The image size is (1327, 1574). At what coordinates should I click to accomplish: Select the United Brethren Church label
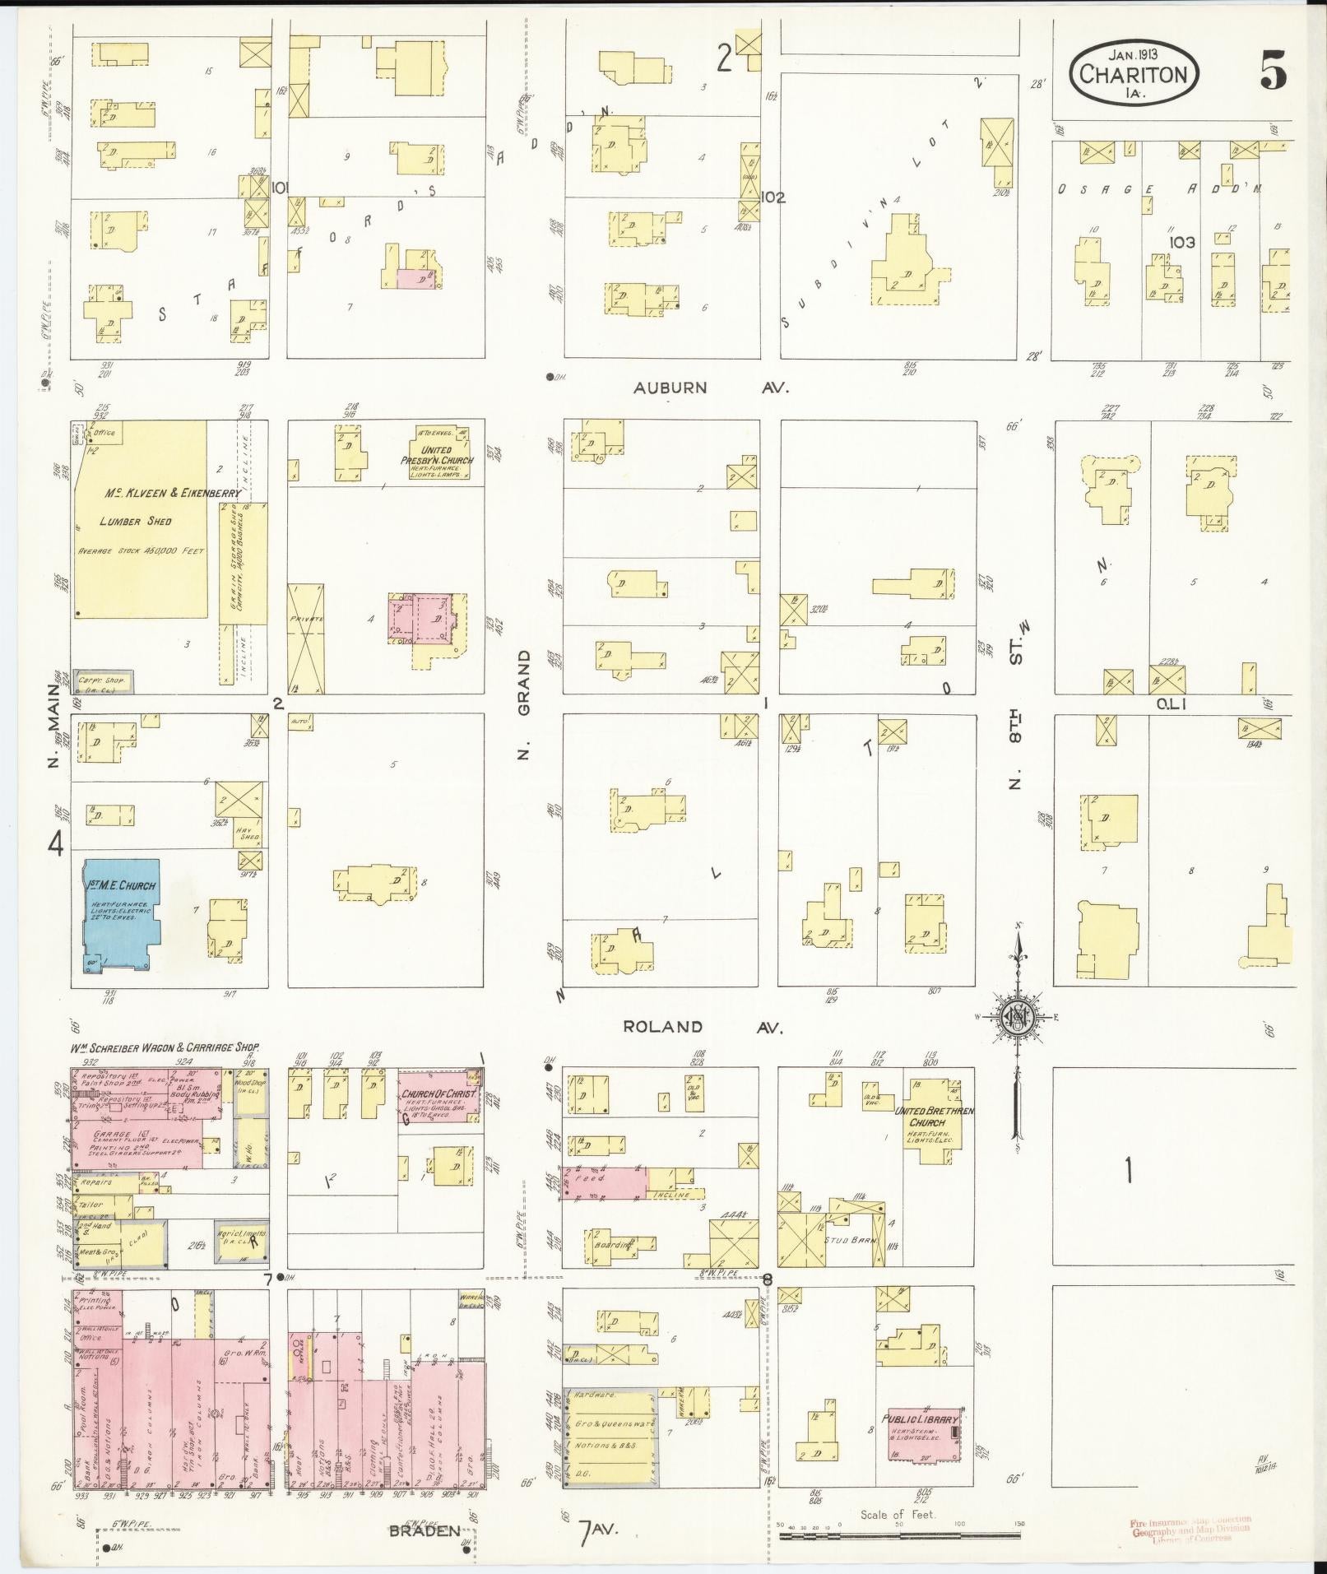pos(932,1121)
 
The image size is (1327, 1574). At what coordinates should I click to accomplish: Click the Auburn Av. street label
pos(711,387)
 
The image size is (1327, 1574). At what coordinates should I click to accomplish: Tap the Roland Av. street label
pos(702,1027)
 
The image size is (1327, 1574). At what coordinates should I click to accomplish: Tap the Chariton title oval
pos(1134,74)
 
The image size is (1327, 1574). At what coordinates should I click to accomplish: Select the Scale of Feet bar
pos(900,1535)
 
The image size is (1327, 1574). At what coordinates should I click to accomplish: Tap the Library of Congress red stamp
pos(1190,1530)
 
